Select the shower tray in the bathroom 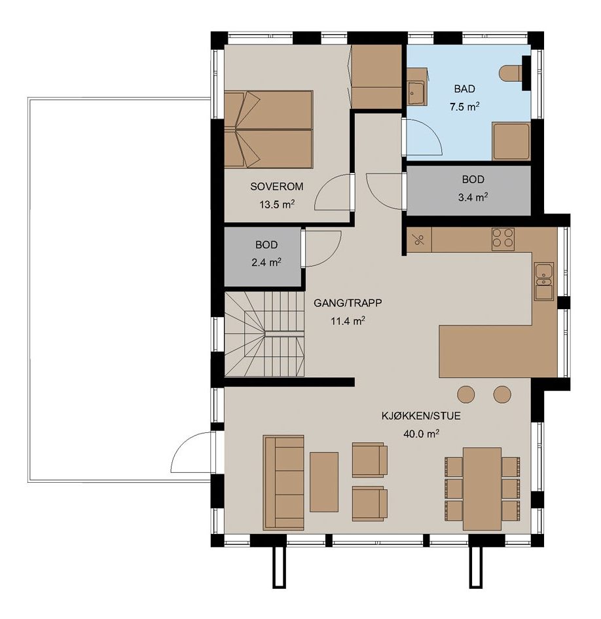pos(511,141)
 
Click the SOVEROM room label pos(277,186)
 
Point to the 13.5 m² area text pos(277,204)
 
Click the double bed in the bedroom pos(268,130)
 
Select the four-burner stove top pos(503,239)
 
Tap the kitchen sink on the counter pos(544,281)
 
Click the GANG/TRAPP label pos(348,303)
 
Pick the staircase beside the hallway pos(264,334)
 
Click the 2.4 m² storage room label pos(266,262)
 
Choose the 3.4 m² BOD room pos(468,191)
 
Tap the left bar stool pos(466,394)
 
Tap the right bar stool pos(502,394)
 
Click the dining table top pos(482,489)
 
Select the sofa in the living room pos(283,482)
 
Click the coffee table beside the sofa pos(324,481)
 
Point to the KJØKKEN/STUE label pos(421,416)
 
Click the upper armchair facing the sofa pos(369,460)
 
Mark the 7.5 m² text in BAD pos(464,107)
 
